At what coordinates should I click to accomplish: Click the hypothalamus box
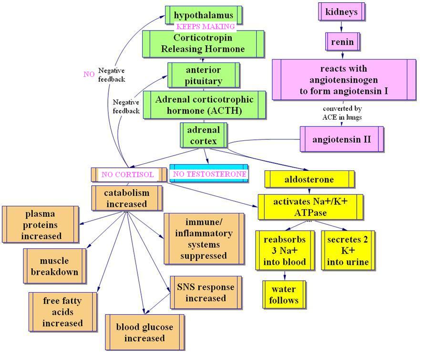pos(203,15)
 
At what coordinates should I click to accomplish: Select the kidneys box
pos(341,11)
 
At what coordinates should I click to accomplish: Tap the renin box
pos(342,42)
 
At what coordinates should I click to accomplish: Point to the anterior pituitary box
pos(203,75)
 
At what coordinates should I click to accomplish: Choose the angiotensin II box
pos(341,139)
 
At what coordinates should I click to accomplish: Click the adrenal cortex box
pos(204,135)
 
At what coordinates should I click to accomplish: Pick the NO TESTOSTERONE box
pos(209,174)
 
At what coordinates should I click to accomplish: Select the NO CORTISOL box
pos(127,174)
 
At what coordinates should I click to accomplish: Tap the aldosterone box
pos(309,180)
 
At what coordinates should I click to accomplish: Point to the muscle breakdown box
pos(54,266)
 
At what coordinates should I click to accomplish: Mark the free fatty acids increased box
pos(62,312)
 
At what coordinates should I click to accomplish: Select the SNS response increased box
pos(205,293)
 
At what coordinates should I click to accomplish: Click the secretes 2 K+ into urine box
pos(348,250)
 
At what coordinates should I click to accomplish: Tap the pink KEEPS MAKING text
pos(205,27)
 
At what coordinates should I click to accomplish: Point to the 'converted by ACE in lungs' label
pos(341,113)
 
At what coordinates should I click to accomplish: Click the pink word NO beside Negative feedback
pos(89,74)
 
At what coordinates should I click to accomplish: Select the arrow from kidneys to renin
pos(341,26)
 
